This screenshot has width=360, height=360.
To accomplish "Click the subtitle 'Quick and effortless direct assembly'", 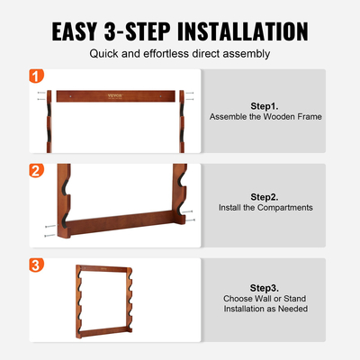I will click(180, 54).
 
